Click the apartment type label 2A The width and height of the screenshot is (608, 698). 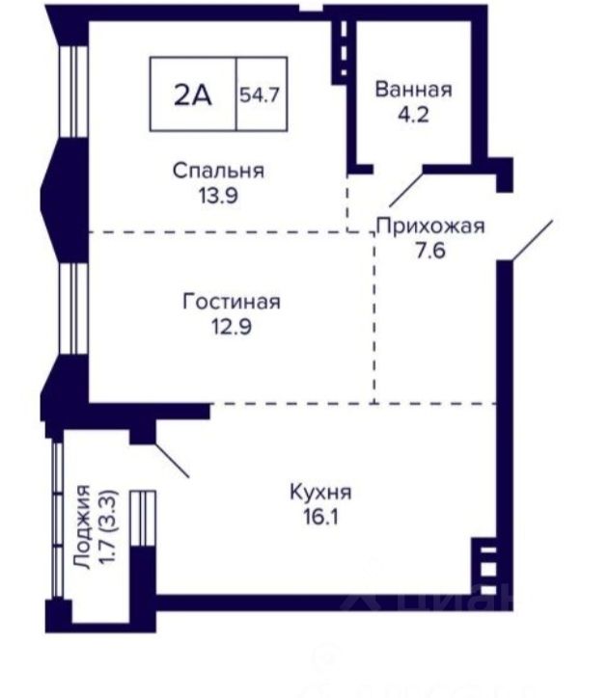tap(193, 94)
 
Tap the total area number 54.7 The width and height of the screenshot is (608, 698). tap(260, 94)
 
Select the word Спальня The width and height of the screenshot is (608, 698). tap(218, 171)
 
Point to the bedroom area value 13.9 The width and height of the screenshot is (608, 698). tap(218, 196)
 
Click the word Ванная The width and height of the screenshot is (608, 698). tap(414, 90)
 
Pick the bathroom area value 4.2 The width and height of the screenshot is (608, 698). tap(414, 115)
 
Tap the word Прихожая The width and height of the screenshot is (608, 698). tap(430, 227)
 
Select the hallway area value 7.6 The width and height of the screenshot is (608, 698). tap(430, 251)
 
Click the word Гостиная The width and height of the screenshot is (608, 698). tap(232, 302)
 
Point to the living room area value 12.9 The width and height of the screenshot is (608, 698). tap(232, 327)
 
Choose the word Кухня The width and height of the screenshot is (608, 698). tap(321, 493)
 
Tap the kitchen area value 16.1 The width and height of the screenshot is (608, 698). tap(321, 518)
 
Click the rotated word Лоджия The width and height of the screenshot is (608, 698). tap(83, 526)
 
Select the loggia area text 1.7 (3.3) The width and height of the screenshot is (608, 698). tap(109, 526)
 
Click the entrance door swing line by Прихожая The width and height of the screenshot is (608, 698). tap(533, 240)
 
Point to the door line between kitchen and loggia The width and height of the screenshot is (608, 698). tap(173, 460)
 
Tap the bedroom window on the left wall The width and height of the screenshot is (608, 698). tap(73, 92)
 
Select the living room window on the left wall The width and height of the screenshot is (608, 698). tap(73, 309)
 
